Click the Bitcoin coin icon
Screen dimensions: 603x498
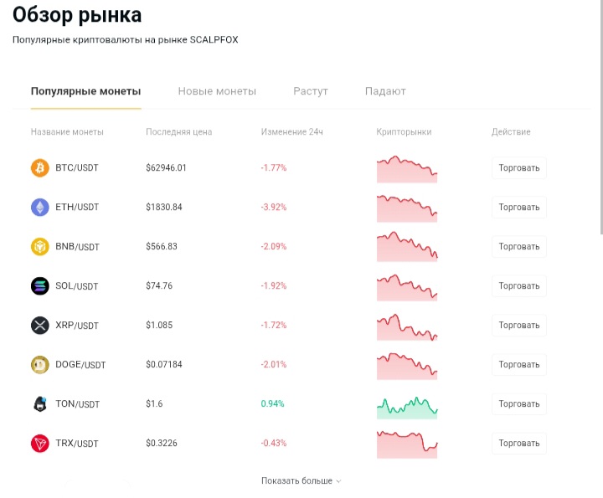40,168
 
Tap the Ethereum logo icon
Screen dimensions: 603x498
40,207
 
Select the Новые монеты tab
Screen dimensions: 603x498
217,91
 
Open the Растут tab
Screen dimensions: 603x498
311,91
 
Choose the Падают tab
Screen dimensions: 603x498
385,91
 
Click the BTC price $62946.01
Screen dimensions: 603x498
166,168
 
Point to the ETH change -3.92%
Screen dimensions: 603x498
274,207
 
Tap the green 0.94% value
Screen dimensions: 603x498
272,404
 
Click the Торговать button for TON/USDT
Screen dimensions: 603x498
518,404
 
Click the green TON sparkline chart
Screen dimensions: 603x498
407,408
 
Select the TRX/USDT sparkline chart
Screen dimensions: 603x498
407,444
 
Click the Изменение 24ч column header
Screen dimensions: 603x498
292,131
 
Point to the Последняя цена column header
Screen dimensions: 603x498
179,131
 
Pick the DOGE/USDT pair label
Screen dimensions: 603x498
80,365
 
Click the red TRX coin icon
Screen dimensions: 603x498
40,444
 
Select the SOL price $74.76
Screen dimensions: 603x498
159,286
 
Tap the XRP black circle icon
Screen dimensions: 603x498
40,325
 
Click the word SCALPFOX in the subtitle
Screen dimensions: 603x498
214,39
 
